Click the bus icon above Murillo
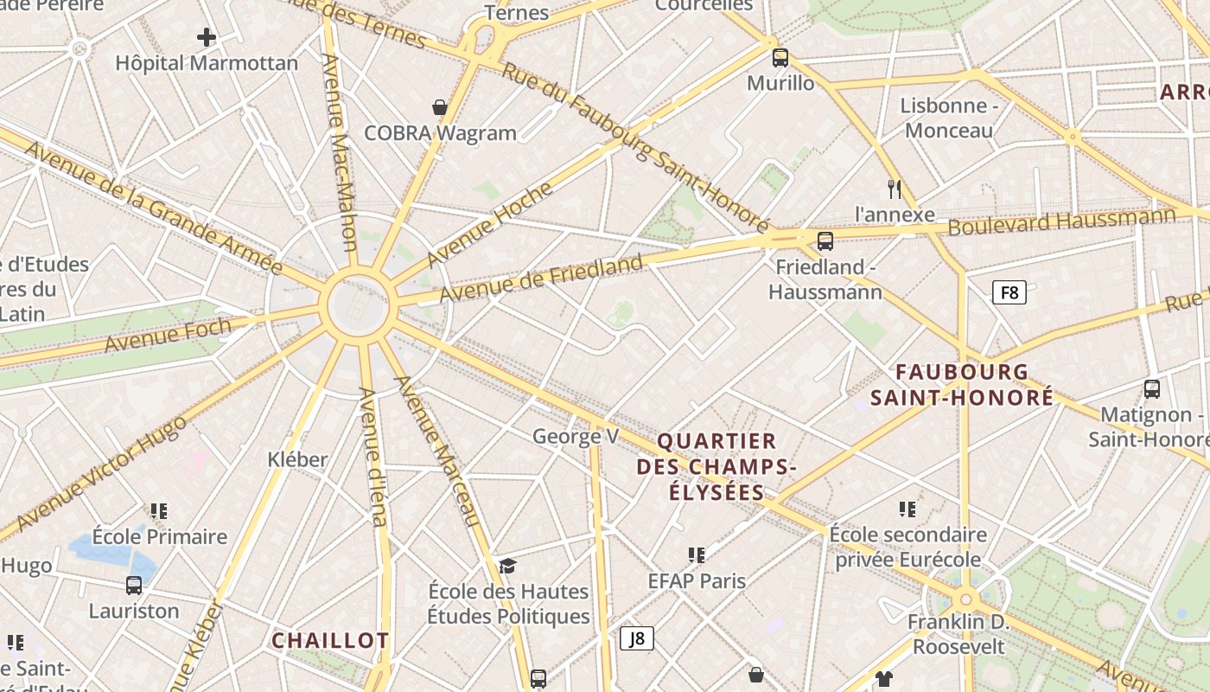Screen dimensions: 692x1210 (780, 58)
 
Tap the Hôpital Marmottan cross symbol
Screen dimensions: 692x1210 (207, 37)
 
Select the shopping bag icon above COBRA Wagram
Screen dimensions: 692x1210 (440, 107)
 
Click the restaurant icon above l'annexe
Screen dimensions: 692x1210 (895, 189)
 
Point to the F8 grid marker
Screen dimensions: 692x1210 (1009, 292)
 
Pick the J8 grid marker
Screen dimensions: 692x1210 (637, 638)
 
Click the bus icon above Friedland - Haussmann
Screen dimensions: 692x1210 (825, 240)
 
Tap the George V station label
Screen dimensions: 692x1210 (576, 436)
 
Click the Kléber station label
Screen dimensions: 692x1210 (297, 458)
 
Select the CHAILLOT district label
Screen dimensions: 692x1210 (330, 641)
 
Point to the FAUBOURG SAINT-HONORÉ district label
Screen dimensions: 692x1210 (962, 385)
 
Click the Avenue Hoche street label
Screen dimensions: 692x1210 (489, 224)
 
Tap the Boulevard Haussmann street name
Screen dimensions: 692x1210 (1062, 221)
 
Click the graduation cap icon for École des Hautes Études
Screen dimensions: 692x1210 (507, 566)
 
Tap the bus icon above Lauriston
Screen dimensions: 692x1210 (134, 585)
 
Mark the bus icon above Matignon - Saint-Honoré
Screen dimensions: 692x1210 (1152, 388)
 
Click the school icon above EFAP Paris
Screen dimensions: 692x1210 (697, 554)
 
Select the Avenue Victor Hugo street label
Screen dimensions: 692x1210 (102, 473)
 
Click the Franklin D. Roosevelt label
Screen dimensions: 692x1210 (958, 634)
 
